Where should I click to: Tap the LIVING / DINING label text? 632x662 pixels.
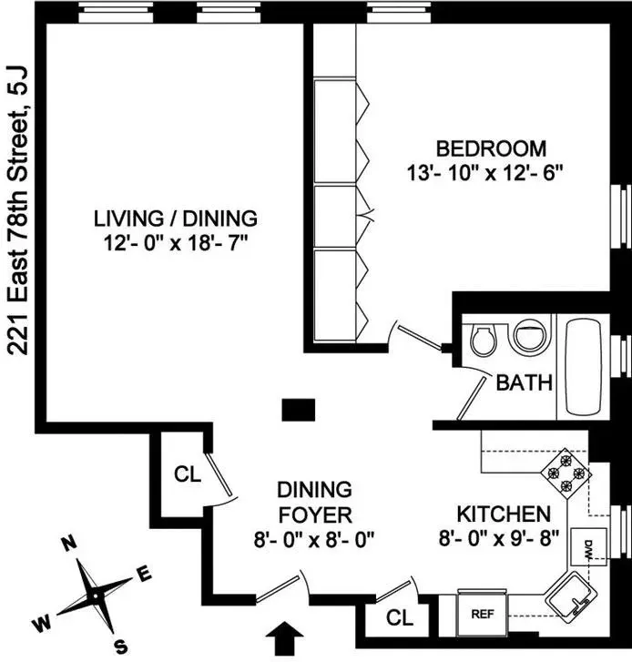(176, 219)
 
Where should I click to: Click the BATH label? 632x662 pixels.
(524, 383)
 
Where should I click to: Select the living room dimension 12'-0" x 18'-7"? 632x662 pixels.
(176, 243)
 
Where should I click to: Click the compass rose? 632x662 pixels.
(95, 593)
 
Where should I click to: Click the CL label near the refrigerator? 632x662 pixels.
(398, 617)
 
